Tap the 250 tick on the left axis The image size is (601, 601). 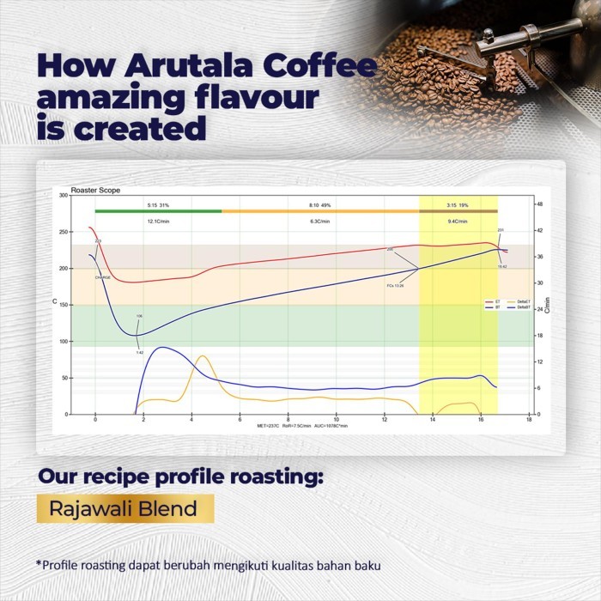[64, 232]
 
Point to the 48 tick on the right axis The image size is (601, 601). [539, 203]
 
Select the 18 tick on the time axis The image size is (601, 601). [529, 420]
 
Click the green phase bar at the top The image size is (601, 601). [158, 210]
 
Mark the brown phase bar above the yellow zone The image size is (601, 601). [458, 210]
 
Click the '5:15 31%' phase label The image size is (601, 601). [158, 205]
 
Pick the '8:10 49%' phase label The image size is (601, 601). [319, 205]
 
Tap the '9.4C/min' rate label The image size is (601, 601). [458, 222]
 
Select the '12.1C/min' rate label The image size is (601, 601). [158, 222]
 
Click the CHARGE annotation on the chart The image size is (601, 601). [102, 277]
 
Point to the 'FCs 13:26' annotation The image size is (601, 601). [395, 285]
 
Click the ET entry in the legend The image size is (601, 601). [493, 302]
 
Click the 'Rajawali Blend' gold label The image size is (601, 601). [123, 508]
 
